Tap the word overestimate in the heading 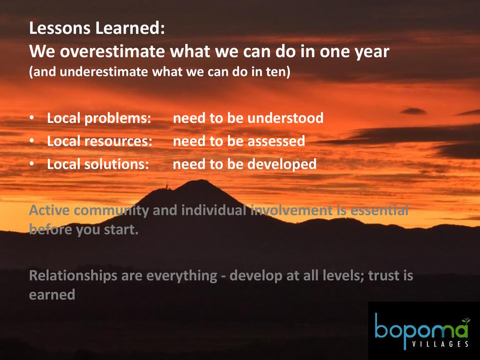(x=112, y=51)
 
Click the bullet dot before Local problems (x=32, y=118)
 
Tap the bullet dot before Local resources (x=32, y=141)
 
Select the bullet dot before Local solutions (x=32, y=164)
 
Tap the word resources (x=118, y=142)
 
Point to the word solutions (x=117, y=164)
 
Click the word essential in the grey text (x=379, y=210)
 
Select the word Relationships (x=73, y=276)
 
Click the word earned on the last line (x=52, y=295)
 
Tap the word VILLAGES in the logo (x=440, y=344)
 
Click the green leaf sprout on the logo (x=466, y=321)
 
